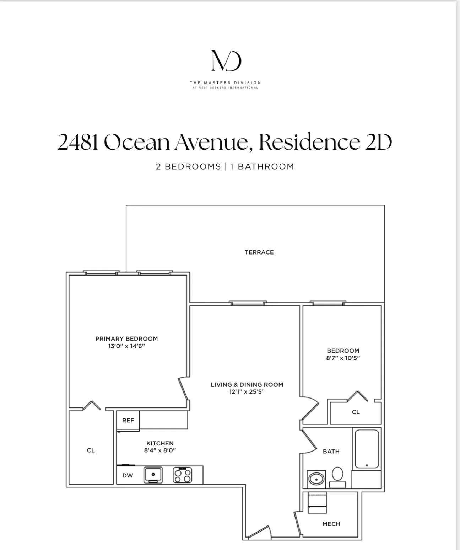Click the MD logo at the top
pos(226,61)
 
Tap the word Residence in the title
pos(309,142)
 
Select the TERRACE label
pos(259,252)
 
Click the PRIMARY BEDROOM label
pos(126,339)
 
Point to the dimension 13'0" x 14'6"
pos(126,346)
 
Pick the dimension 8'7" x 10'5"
pos(343,358)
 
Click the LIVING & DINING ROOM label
pos(247,385)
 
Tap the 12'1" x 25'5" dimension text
pos(247,392)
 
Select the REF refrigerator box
pos(128,421)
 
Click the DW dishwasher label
pos(128,476)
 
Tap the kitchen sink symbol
pos(153,475)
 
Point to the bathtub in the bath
pos(367,449)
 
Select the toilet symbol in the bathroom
pos(337,477)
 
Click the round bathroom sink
pos(316,479)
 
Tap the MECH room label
pos(331,524)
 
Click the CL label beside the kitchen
pos(91,450)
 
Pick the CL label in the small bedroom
pos(356,412)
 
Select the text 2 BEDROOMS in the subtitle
pos(188,167)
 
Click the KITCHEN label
pos(160,443)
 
